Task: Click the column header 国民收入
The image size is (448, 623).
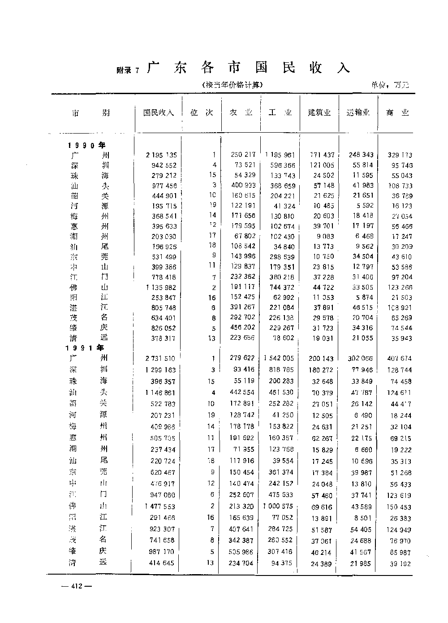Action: point(158,113)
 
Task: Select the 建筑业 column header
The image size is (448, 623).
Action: point(319,113)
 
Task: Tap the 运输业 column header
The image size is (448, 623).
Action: point(358,113)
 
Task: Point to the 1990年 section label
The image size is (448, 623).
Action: point(86,145)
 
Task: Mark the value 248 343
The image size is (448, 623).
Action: point(361,155)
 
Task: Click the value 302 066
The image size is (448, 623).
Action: point(361,359)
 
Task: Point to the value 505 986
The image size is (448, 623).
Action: point(242,552)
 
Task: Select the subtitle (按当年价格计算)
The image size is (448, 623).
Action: point(231,84)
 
